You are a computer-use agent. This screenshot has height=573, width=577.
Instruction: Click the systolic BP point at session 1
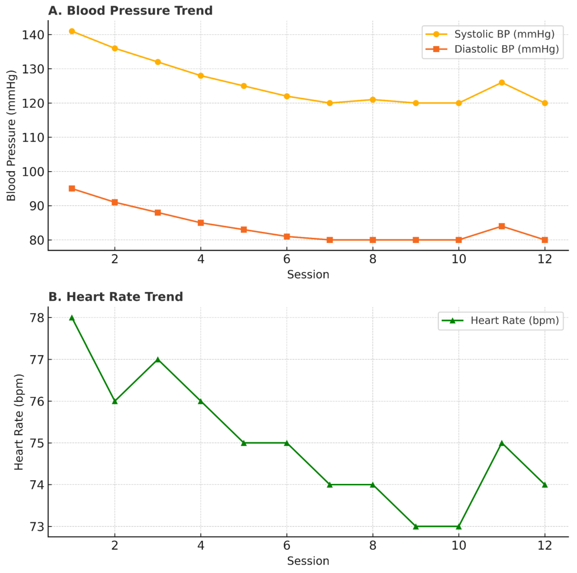(x=72, y=31)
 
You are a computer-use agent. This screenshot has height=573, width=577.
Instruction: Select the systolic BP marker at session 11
(x=502, y=83)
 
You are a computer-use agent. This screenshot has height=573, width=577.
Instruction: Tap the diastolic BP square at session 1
(x=72, y=188)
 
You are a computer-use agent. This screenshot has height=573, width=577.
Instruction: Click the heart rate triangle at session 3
(x=158, y=360)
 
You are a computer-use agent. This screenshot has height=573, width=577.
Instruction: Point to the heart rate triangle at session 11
(x=502, y=443)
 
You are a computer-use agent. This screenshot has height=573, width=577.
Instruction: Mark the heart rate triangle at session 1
(x=72, y=318)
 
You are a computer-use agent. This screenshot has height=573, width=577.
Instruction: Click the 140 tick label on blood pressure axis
(x=33, y=35)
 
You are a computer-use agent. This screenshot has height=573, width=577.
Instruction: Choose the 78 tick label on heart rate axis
(x=36, y=318)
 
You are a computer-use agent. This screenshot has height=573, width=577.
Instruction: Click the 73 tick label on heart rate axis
(x=36, y=527)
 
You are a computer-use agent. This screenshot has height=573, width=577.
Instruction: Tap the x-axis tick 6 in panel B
(x=287, y=546)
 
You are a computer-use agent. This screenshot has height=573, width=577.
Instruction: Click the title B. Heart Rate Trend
(x=116, y=297)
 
